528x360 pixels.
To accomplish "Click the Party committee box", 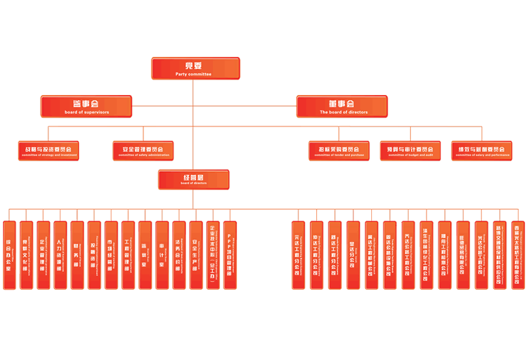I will point(195,69).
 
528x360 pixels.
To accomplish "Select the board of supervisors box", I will point(86,107).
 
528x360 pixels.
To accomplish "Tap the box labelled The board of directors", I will point(341,107).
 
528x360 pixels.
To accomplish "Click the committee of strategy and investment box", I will point(48,150).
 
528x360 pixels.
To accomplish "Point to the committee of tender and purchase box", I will point(339,150).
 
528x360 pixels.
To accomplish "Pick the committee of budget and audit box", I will point(410,150).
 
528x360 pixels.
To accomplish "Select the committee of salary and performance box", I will point(482,150).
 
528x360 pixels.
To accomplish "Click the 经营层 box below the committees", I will point(193,179).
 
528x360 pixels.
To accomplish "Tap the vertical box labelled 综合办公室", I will point(9,255).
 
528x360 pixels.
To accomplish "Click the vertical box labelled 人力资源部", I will point(60,255).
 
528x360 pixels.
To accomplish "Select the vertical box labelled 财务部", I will point(77,255).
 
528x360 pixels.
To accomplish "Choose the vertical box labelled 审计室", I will point(162,255).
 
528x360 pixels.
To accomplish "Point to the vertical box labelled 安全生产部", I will point(196,255).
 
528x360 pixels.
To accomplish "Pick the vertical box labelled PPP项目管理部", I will point(230,255).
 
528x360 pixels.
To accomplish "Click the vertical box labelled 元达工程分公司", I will point(298,255).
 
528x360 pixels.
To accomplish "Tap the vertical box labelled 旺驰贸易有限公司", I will point(463,255).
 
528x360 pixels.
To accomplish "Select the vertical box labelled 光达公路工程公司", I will point(481,255).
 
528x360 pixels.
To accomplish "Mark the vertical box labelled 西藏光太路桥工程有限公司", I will point(517,255).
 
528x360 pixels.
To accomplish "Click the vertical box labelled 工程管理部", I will point(128,255).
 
